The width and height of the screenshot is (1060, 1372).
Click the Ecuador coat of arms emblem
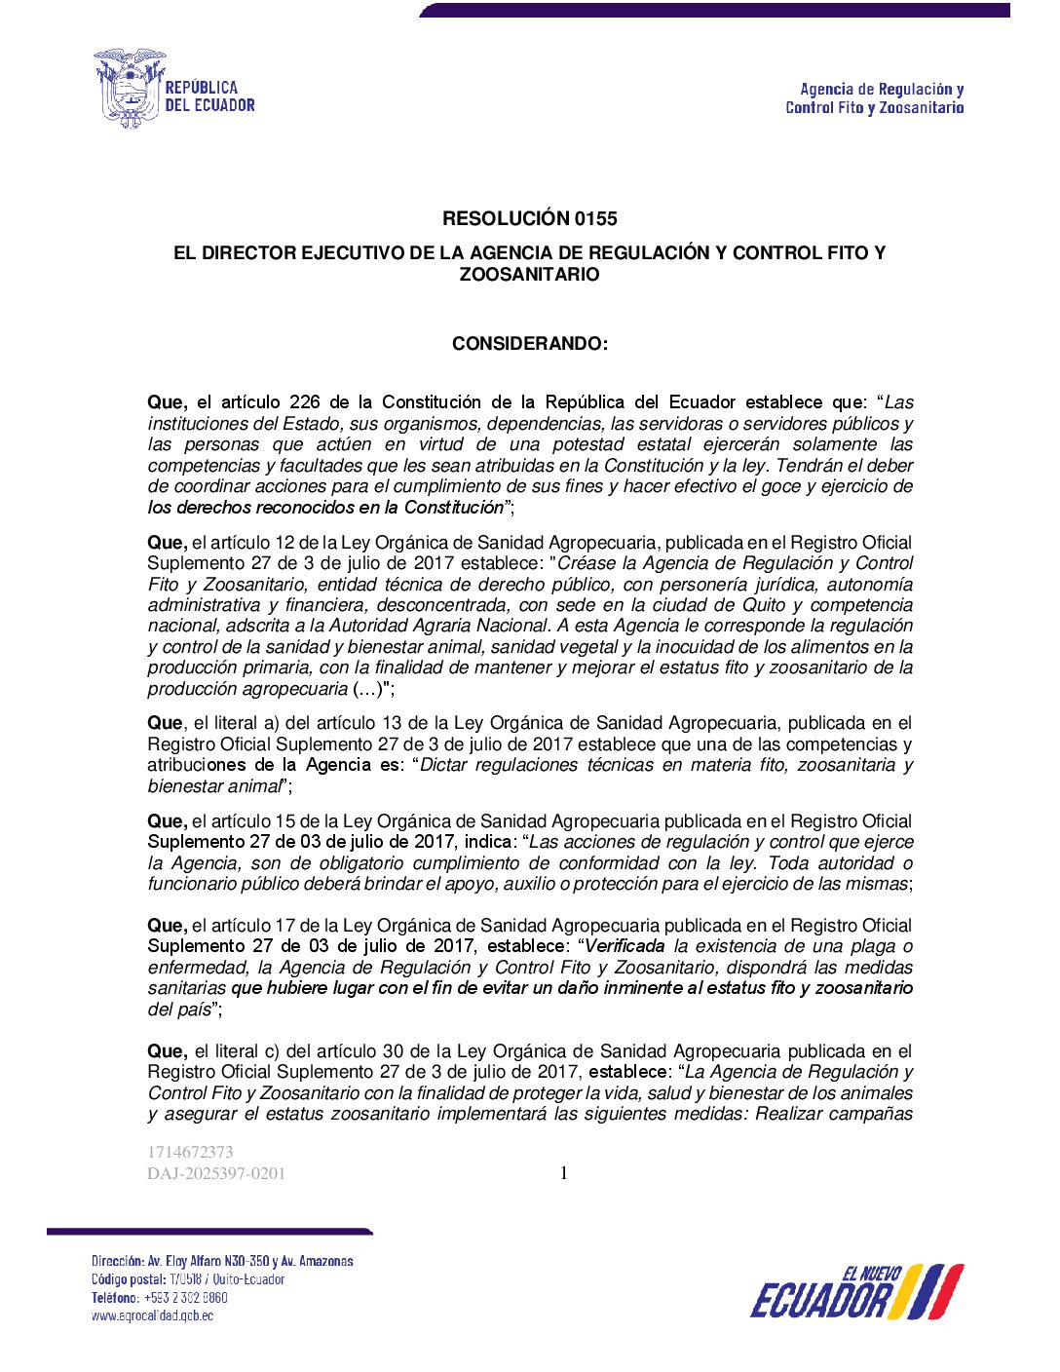click(x=129, y=89)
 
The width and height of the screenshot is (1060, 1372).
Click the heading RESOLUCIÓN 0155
click(x=529, y=218)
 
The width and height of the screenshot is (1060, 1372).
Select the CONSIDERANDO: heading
click(x=529, y=343)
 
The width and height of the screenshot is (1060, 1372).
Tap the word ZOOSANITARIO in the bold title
click(x=529, y=275)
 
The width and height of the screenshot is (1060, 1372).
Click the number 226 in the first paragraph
click(x=305, y=402)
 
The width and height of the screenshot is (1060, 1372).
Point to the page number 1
click(x=563, y=1173)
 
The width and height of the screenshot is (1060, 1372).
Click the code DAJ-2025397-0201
click(x=216, y=1174)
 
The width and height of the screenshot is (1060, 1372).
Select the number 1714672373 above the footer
click(x=190, y=1152)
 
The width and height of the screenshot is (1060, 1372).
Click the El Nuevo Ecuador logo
click(x=856, y=1291)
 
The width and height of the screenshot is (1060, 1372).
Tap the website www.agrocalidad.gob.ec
click(x=152, y=1315)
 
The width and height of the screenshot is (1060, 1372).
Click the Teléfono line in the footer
click(x=159, y=1297)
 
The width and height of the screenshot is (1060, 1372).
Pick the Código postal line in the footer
click(x=187, y=1279)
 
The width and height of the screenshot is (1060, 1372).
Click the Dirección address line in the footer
click(x=222, y=1261)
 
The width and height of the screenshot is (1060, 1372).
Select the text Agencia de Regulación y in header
click(x=882, y=90)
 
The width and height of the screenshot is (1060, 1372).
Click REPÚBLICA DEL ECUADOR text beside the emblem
click(x=209, y=96)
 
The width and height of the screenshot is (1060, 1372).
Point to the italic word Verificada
click(x=625, y=946)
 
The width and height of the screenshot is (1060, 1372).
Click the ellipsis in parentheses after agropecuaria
click(x=366, y=689)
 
